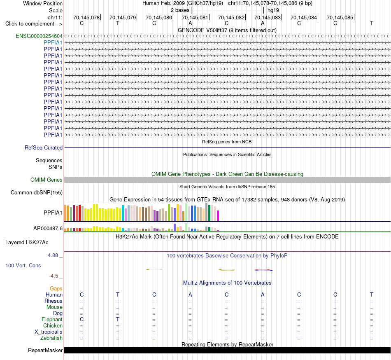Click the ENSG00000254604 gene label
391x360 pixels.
[39, 36]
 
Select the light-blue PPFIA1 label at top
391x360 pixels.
[53, 43]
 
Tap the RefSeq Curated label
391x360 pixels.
[44, 148]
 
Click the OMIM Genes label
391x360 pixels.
[47, 180]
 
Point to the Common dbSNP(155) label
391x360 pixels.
[37, 193]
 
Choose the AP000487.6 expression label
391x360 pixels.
[48, 228]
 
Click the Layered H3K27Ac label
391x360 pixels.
[27, 243]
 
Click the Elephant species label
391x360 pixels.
[52, 319]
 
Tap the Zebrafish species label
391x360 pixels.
[51, 338]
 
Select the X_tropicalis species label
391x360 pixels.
[49, 332]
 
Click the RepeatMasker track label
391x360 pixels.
[45, 350]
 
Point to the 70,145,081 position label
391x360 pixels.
[195, 17]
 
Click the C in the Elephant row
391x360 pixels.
[81, 319]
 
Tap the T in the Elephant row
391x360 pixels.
[118, 319]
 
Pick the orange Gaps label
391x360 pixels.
[56, 289]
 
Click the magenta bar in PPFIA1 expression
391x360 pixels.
[218, 215]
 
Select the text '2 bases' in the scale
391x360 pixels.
[180, 10]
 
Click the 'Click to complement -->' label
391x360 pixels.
[34, 24]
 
